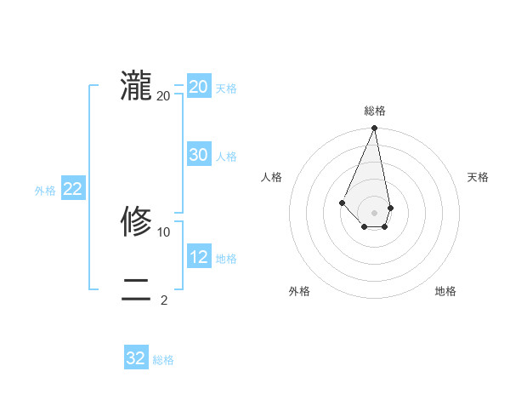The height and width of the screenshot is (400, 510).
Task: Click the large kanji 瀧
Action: coord(136,86)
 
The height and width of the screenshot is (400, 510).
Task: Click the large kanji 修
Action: coord(136,222)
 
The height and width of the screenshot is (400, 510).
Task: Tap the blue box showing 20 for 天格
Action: coord(198,87)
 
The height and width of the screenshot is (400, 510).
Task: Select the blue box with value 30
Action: coord(198,155)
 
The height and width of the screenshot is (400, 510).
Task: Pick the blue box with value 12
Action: coord(198,257)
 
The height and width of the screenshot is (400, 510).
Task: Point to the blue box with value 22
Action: coord(72,189)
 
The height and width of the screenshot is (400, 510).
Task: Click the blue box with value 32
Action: coord(136,358)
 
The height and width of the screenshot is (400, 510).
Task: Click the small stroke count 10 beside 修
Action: coord(164,231)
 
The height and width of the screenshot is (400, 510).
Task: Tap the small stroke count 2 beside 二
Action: coord(164,300)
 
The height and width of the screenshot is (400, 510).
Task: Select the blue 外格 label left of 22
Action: coord(45,191)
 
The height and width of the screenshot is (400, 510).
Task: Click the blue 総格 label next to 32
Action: coord(163,360)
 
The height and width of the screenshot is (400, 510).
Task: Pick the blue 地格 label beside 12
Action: coord(227,259)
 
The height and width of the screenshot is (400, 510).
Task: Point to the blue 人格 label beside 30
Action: coord(227,157)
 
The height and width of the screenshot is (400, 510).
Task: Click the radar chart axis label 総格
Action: coord(374,111)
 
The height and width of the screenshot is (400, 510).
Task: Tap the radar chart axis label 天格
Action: coord(478,177)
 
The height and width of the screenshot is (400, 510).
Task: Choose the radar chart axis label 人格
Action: coord(271,177)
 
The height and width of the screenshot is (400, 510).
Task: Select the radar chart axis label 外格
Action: coord(298,291)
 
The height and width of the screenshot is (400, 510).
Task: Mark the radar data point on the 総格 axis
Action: coord(374,129)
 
